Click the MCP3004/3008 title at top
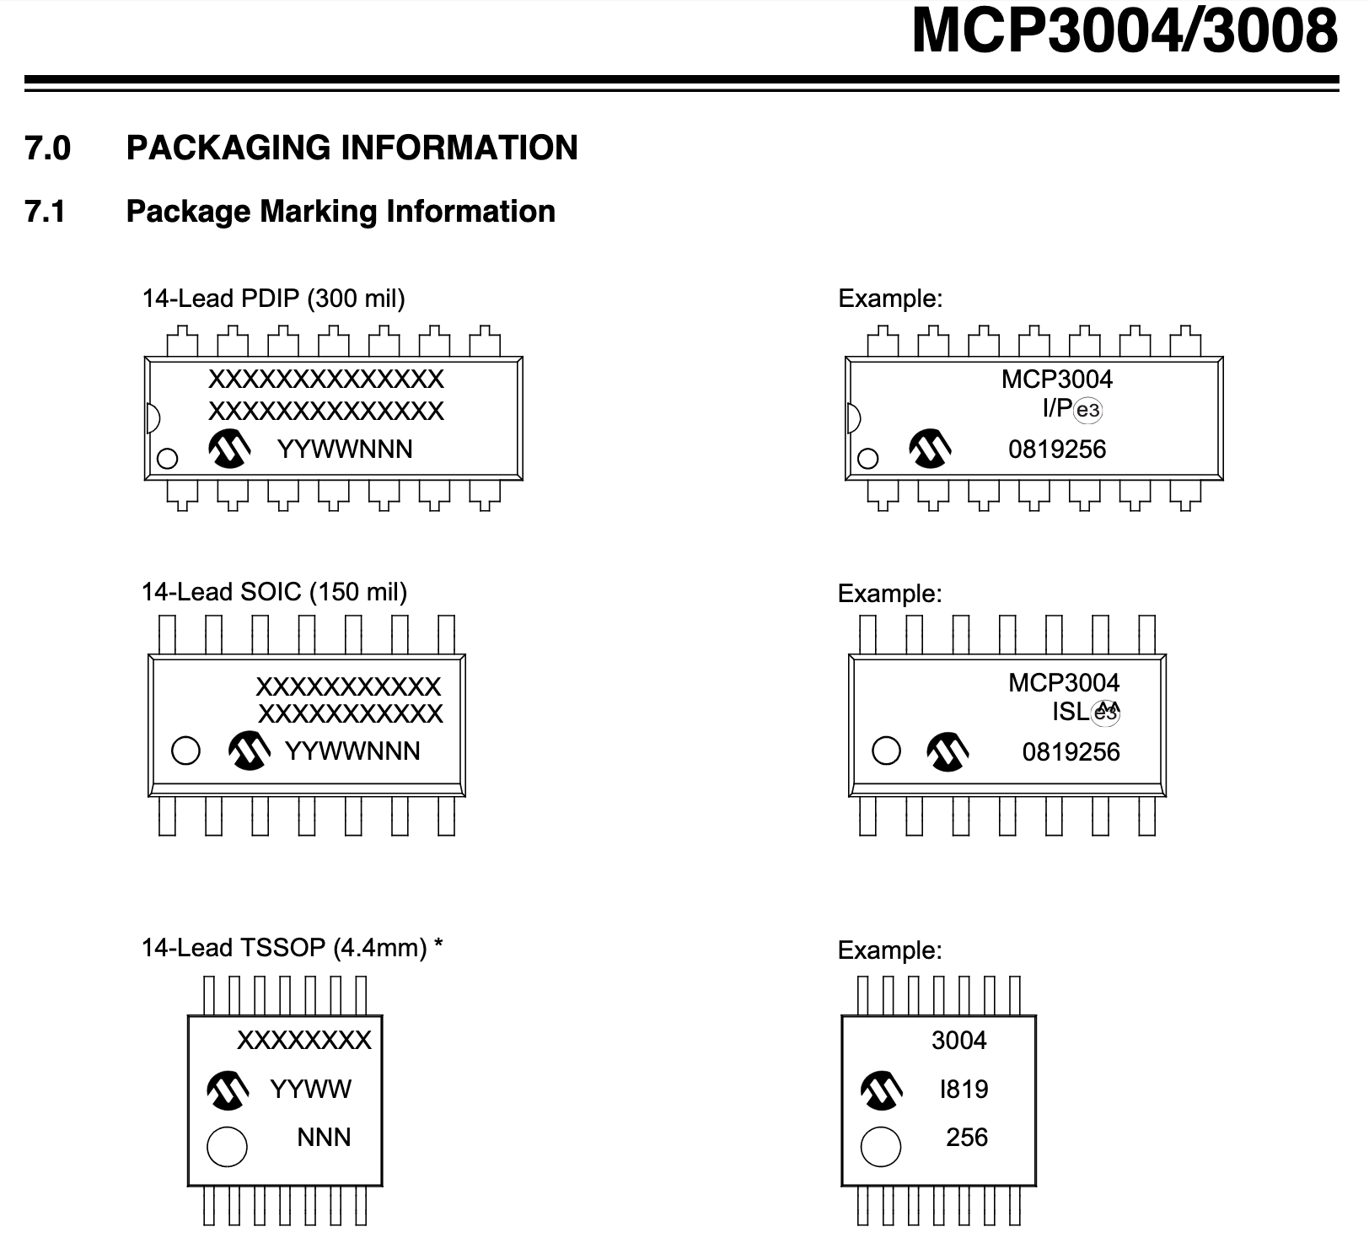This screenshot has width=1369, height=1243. click(x=1124, y=32)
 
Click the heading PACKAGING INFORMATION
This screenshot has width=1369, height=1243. click(x=352, y=148)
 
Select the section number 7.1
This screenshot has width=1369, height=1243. click(x=46, y=212)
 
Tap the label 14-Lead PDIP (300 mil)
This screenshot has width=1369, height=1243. click(x=273, y=299)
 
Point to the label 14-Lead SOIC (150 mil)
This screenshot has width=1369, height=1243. click(x=274, y=592)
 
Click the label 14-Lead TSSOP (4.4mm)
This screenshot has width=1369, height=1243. click(x=284, y=948)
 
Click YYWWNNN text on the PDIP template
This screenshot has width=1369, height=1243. click(x=345, y=449)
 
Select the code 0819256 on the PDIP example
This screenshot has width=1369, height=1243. click(x=1056, y=449)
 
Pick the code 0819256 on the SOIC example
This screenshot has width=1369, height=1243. click(x=1071, y=751)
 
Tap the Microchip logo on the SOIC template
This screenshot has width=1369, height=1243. click(x=250, y=751)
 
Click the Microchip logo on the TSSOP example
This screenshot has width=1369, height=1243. click(x=881, y=1090)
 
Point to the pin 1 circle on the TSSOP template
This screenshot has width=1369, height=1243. click(x=227, y=1147)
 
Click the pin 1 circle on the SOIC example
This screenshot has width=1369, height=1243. click(x=886, y=751)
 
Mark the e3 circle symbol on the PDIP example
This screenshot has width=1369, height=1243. click(x=1088, y=411)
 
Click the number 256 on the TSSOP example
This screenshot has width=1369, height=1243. click(x=966, y=1138)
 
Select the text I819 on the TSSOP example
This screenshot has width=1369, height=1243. click(x=964, y=1090)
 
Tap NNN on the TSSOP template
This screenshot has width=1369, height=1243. click(x=324, y=1138)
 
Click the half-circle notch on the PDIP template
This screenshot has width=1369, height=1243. click(x=152, y=417)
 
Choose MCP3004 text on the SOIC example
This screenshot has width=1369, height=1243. click(x=1064, y=682)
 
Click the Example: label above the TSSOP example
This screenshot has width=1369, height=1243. click(x=889, y=950)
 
